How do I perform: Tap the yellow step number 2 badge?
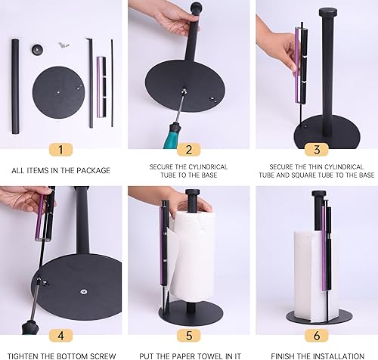click(x=189, y=149)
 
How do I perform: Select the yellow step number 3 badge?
click(x=316, y=149)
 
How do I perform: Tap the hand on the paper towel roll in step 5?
click(x=179, y=198)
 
